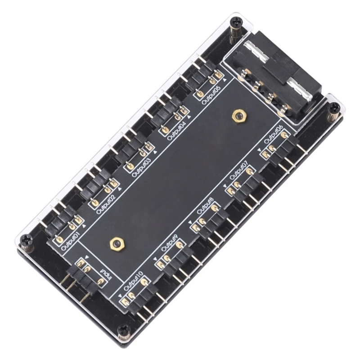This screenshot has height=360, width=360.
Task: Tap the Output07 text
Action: coord(239,171)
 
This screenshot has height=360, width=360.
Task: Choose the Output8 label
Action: coord(206,207)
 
